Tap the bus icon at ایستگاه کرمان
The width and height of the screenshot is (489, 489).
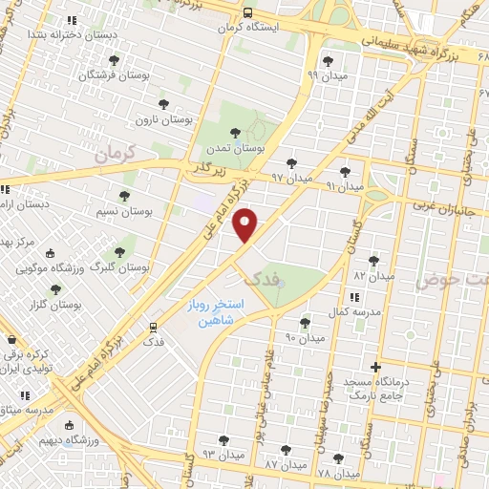tap(247, 13)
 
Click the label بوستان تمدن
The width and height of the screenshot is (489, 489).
tap(234, 149)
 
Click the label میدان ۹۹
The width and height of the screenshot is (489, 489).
tap(326, 74)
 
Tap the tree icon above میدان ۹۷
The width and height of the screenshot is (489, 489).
tap(291, 163)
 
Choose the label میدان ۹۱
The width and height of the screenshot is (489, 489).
tap(345, 186)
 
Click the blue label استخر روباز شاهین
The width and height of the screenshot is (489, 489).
tap(216, 313)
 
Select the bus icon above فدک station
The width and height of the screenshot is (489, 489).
tap(150, 326)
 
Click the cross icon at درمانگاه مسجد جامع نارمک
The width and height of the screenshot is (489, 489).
tap(376, 367)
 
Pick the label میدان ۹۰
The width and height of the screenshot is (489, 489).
tap(305, 338)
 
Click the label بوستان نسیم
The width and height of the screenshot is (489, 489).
tap(125, 209)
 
